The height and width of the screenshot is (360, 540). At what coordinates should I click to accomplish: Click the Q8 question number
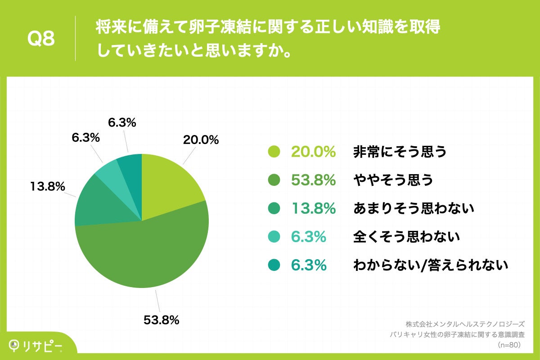(41, 39)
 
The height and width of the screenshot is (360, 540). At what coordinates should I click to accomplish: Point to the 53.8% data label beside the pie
(162, 320)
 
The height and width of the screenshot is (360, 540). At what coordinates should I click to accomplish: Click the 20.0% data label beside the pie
(201, 140)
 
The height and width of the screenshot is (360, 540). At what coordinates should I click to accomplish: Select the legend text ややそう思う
(393, 180)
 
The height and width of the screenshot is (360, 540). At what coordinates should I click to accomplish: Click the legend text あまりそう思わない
(414, 208)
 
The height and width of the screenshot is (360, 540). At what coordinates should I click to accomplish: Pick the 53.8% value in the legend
(313, 180)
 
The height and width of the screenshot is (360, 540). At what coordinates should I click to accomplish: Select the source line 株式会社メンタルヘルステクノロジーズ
(465, 324)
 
